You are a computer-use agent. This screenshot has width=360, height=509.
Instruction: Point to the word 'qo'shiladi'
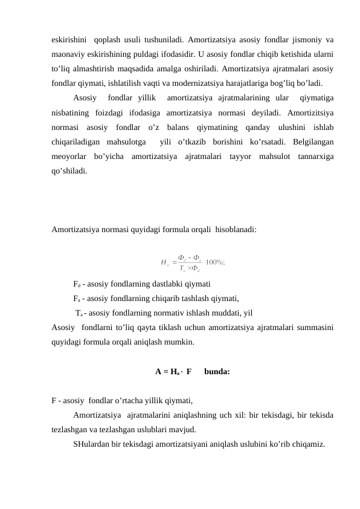pyautogui.click(x=69, y=170)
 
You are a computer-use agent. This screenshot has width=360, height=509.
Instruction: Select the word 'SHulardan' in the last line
pyautogui.click(x=91, y=444)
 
